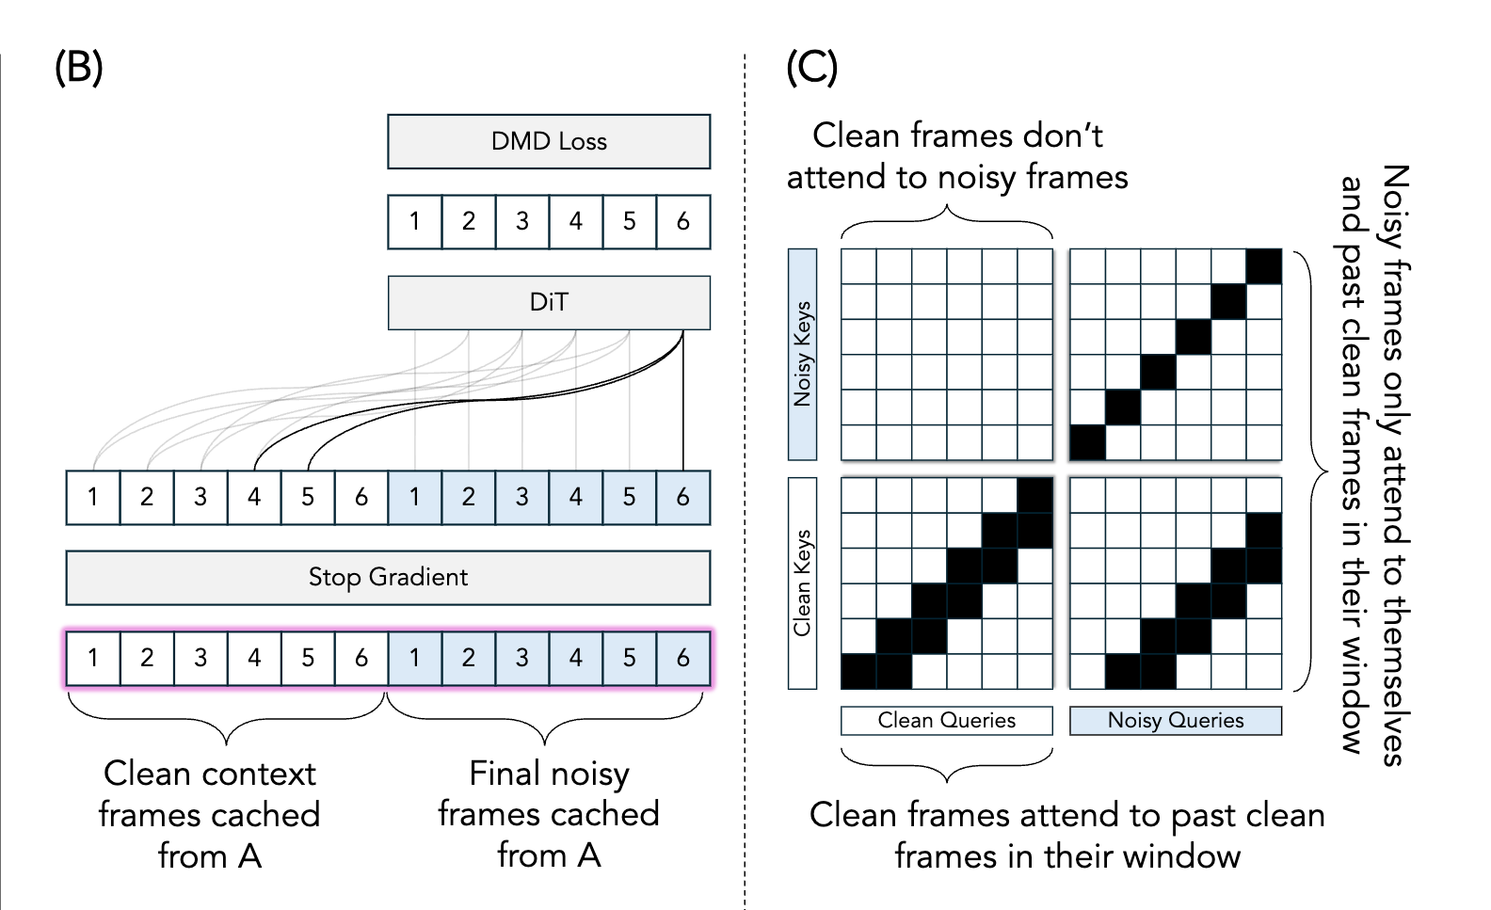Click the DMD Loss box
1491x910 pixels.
pyautogui.click(x=549, y=141)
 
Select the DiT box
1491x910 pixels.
pyautogui.click(x=549, y=302)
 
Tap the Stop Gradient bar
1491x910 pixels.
pyautogui.click(x=388, y=577)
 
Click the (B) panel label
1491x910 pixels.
pyautogui.click(x=78, y=68)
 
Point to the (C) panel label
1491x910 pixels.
pyautogui.click(x=811, y=68)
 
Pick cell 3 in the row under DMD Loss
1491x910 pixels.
pyautogui.click(x=522, y=221)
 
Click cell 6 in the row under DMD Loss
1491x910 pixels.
pyautogui.click(x=683, y=221)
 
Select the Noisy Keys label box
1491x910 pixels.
pyautogui.click(x=802, y=354)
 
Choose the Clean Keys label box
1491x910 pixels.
pyautogui.click(x=802, y=583)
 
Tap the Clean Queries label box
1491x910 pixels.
pyautogui.click(x=946, y=721)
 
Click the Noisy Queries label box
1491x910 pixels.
pyautogui.click(x=1176, y=721)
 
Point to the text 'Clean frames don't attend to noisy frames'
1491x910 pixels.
pyautogui.click(x=957, y=156)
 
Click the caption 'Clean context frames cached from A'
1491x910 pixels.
pyautogui.click(x=209, y=814)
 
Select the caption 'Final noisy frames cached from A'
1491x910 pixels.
pyautogui.click(x=549, y=814)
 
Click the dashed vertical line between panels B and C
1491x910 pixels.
pyautogui.click(x=745, y=471)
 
